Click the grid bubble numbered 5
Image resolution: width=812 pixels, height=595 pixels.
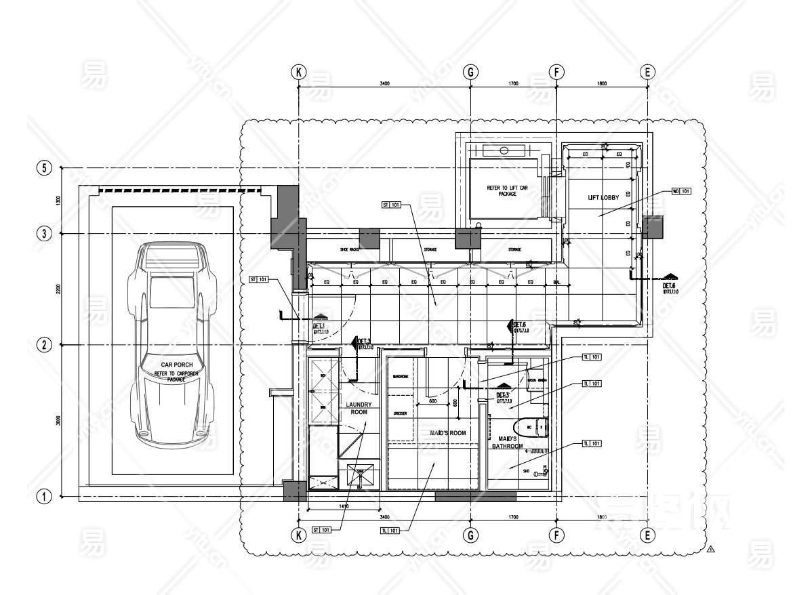pyautogui.click(x=44, y=168)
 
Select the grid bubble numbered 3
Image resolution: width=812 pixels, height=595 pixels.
pyautogui.click(x=44, y=234)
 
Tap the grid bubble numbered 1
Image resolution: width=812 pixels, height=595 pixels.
pyautogui.click(x=44, y=497)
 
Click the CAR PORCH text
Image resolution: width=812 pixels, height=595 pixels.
pyautogui.click(x=172, y=365)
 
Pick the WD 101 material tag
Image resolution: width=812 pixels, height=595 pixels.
pyautogui.click(x=681, y=191)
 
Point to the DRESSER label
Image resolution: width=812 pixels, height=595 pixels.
pyautogui.click(x=399, y=412)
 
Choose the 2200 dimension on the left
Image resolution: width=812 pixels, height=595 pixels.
pyautogui.click(x=60, y=289)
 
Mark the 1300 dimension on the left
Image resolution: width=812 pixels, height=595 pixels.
pyautogui.click(x=60, y=201)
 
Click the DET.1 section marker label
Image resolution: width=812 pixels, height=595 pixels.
pyautogui.click(x=319, y=326)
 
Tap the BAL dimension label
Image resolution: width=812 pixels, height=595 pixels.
pyautogui.click(x=556, y=282)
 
